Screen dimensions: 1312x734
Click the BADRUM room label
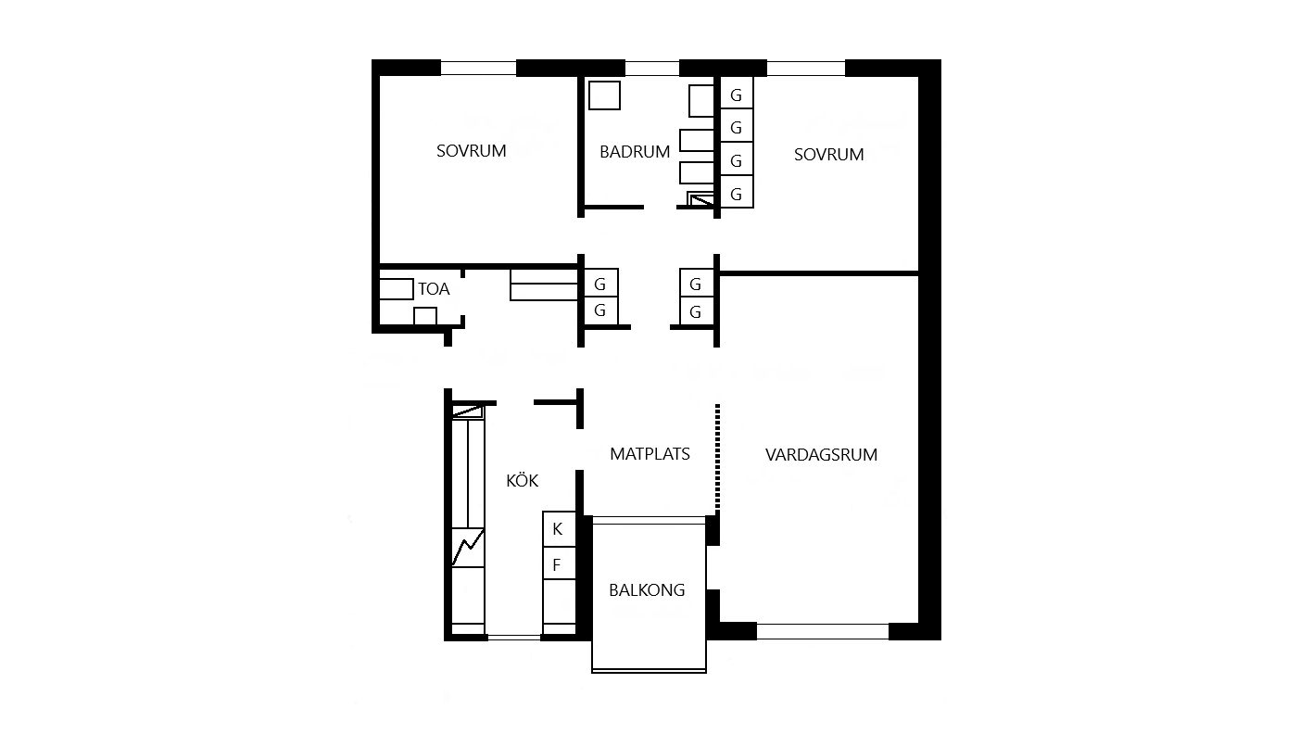pyautogui.click(x=635, y=152)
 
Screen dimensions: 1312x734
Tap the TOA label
pyautogui.click(x=434, y=289)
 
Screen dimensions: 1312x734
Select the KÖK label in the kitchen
pyautogui.click(x=522, y=480)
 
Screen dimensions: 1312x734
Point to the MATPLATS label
pyautogui.click(x=650, y=454)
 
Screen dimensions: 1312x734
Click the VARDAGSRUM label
pyautogui.click(x=821, y=455)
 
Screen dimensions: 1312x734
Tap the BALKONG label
pyautogui.click(x=647, y=590)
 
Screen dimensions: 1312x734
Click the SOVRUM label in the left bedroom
pyautogui.click(x=471, y=151)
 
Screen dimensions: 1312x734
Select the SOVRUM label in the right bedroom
pyautogui.click(x=828, y=155)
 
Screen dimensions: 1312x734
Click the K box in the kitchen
pyautogui.click(x=559, y=529)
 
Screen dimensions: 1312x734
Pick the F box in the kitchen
pyautogui.click(x=559, y=563)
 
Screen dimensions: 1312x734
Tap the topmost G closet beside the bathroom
pyautogui.click(x=737, y=93)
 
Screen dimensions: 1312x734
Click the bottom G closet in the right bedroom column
pyautogui.click(x=737, y=192)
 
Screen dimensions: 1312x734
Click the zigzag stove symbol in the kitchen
pyautogui.click(x=467, y=547)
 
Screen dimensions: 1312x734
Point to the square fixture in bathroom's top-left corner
pyautogui.click(x=604, y=95)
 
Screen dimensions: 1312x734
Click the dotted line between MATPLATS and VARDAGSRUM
pyautogui.click(x=717, y=457)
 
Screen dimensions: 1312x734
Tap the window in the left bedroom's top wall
pyautogui.click(x=478, y=68)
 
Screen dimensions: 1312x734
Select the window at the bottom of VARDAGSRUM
pyautogui.click(x=823, y=631)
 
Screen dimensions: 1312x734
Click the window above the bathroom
pyautogui.click(x=652, y=68)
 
